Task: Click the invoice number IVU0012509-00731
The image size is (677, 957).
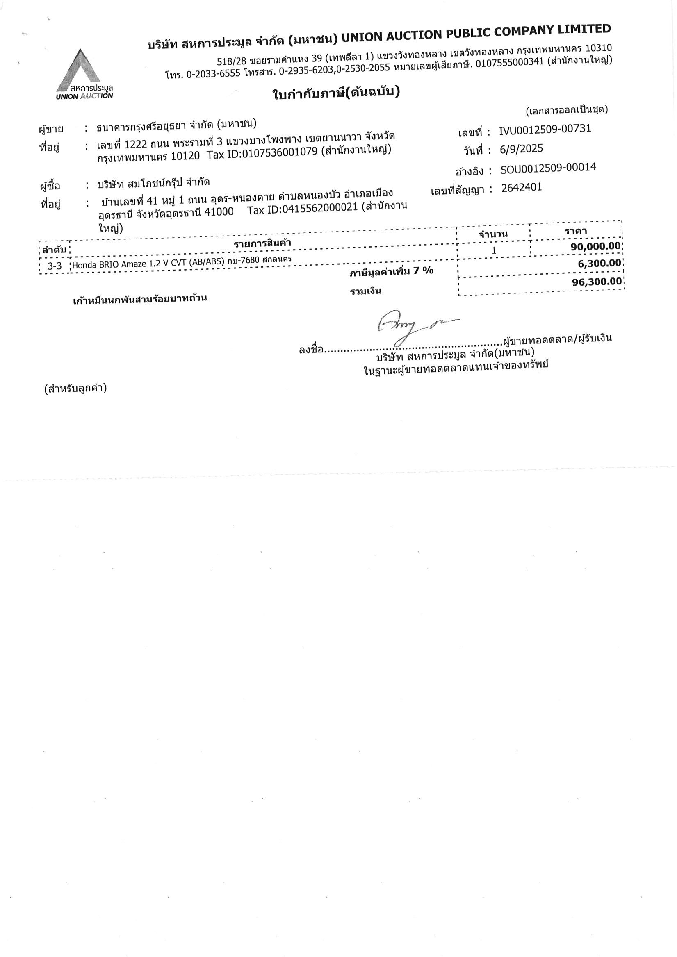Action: pyautogui.click(x=545, y=130)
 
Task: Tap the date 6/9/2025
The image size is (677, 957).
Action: pyautogui.click(x=522, y=149)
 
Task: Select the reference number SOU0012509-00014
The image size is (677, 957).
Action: pyautogui.click(x=548, y=168)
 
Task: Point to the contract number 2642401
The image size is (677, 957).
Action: pyautogui.click(x=522, y=188)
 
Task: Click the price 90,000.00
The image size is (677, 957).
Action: pyautogui.click(x=595, y=246)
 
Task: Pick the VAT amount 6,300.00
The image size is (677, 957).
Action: pyautogui.click(x=599, y=263)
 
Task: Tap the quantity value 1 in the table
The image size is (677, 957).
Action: pyautogui.click(x=494, y=250)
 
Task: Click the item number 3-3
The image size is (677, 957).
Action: pyautogui.click(x=55, y=266)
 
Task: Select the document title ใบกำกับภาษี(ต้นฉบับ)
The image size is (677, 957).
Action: pyautogui.click(x=336, y=93)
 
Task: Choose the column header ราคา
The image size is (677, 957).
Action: pyautogui.click(x=576, y=231)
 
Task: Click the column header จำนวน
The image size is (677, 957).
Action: pyautogui.click(x=493, y=234)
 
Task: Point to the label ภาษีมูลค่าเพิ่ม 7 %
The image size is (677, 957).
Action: pyautogui.click(x=391, y=272)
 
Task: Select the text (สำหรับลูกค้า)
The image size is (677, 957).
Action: pyautogui.click(x=75, y=389)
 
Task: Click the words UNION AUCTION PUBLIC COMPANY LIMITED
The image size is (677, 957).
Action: pyautogui.click(x=476, y=34)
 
